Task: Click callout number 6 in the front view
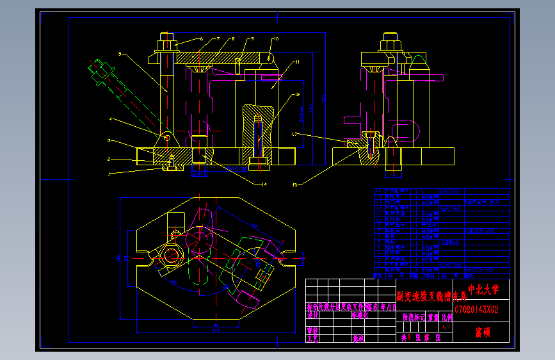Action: tap(200, 39)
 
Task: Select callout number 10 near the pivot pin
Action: tap(276, 39)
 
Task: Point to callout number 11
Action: tap(297, 62)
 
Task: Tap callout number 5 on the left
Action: tap(120, 54)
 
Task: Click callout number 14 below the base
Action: tap(263, 184)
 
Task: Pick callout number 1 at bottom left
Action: tap(109, 174)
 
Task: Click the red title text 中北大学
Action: tap(483, 290)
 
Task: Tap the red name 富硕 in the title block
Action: tap(482, 332)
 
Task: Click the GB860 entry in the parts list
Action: tap(450, 243)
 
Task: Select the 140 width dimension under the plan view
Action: tap(215, 331)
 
